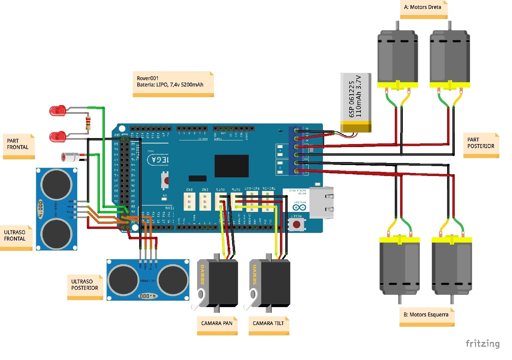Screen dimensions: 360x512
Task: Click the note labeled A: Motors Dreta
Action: pos(423,9)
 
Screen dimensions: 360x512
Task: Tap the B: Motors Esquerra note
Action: pos(426,316)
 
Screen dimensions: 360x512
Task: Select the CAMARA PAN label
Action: pos(217,325)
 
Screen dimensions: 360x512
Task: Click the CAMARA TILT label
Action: pos(269,325)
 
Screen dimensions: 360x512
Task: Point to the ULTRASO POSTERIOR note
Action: pos(85,286)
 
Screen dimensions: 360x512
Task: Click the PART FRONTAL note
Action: pos(19,146)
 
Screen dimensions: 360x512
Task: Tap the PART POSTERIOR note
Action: pos(481,145)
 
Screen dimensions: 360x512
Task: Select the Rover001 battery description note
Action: pos(173,84)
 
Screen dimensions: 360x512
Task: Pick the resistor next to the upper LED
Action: pos(88,123)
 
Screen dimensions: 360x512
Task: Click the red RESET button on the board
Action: pos(296,225)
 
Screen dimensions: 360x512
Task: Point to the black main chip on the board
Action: pos(231,166)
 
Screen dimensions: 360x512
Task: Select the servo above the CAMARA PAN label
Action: pos(218,283)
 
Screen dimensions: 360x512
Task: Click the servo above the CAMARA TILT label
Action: pos(270,283)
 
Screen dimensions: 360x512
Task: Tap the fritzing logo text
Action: pos(482,343)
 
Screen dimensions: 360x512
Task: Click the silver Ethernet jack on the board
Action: pos(321,202)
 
